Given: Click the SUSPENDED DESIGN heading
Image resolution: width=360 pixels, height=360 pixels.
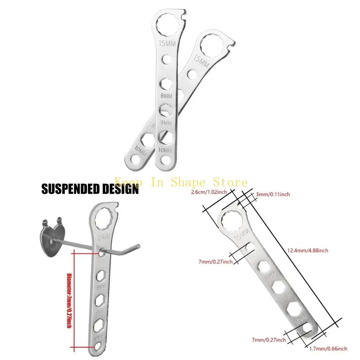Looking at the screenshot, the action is (90, 189).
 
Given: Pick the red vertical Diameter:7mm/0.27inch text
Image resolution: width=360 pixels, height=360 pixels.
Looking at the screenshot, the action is (69, 301).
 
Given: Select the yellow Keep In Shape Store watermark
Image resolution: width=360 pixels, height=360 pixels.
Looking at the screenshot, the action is (181, 182).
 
